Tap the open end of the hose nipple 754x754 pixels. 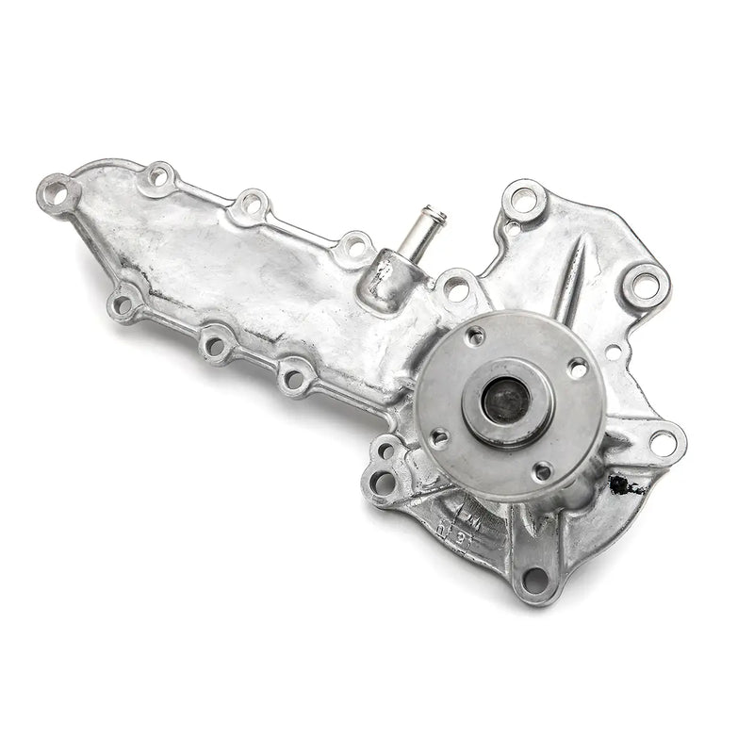click(x=436, y=216)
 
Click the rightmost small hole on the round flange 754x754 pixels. click(x=577, y=369)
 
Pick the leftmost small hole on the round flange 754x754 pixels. click(x=438, y=437)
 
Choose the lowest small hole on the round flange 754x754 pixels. click(x=542, y=470)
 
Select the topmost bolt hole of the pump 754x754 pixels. click(x=523, y=199)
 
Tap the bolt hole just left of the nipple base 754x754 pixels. click(x=354, y=248)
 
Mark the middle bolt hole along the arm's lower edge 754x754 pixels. click(x=216, y=345)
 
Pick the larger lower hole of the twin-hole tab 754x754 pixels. click(x=382, y=483)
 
